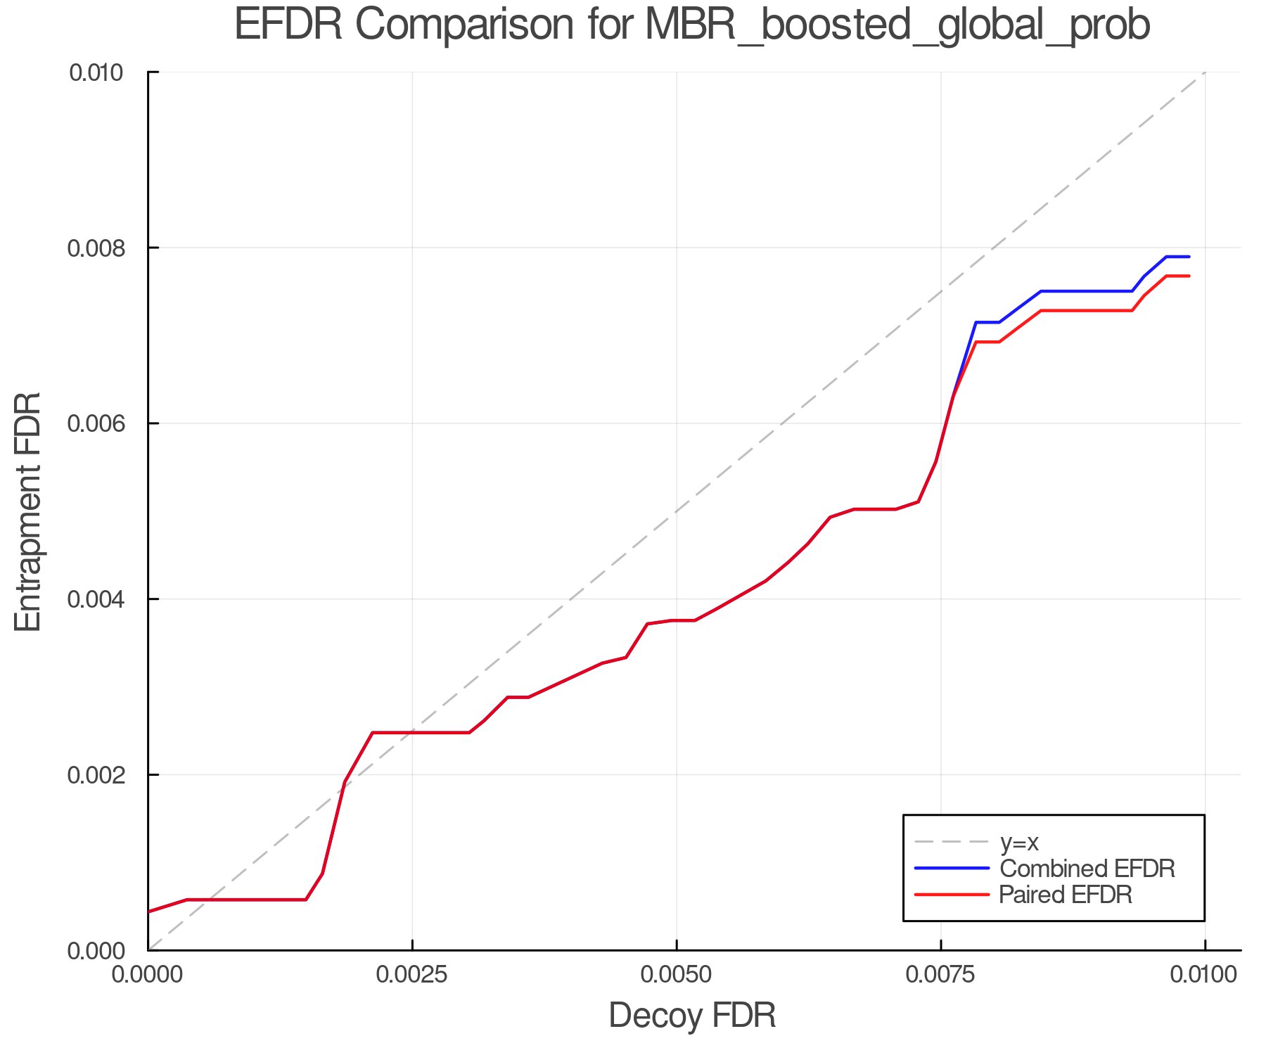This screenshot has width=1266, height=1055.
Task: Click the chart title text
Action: click(692, 25)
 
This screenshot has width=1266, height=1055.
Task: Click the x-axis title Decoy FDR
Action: click(692, 1015)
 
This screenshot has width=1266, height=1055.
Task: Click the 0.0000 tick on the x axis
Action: click(148, 975)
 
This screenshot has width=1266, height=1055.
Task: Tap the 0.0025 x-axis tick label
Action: click(412, 975)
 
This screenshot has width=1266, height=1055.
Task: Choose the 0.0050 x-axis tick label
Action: click(677, 975)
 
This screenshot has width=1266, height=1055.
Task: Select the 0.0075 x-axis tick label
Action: click(940, 975)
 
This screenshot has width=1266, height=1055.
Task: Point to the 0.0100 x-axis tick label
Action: click(1205, 975)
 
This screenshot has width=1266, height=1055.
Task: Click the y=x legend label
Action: click(1019, 842)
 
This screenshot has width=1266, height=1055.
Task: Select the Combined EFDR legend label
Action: click(1087, 869)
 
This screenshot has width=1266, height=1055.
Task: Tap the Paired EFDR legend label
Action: click(1066, 895)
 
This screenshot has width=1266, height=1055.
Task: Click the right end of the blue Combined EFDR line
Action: click(1189, 257)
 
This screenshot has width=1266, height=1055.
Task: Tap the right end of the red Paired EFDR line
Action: click(1189, 276)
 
